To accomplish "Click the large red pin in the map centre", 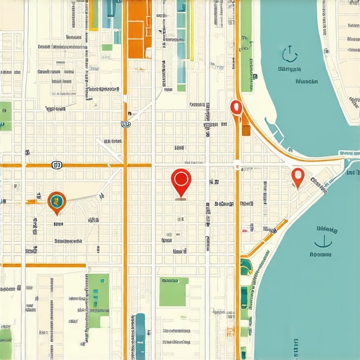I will point(181,181).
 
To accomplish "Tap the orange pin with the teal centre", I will point(56,202).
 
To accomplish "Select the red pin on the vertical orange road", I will point(236,107).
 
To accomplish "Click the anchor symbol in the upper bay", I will point(287,54).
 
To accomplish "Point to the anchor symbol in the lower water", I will point(323,241).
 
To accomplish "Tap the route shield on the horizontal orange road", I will point(57,165).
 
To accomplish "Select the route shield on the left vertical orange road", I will point(125,124).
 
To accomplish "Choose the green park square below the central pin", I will point(173,291).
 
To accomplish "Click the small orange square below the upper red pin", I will point(245,129).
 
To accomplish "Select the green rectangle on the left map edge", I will point(5,116).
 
